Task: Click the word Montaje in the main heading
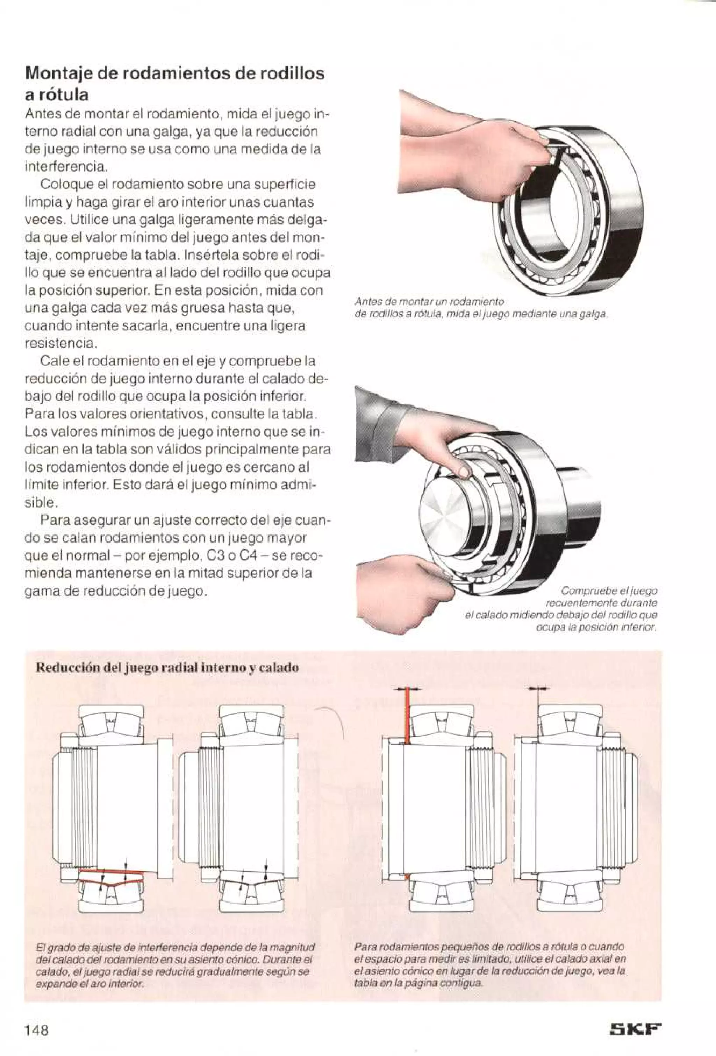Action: (x=58, y=74)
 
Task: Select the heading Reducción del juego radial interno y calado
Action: (x=167, y=668)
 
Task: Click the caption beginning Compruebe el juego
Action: (x=561, y=609)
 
